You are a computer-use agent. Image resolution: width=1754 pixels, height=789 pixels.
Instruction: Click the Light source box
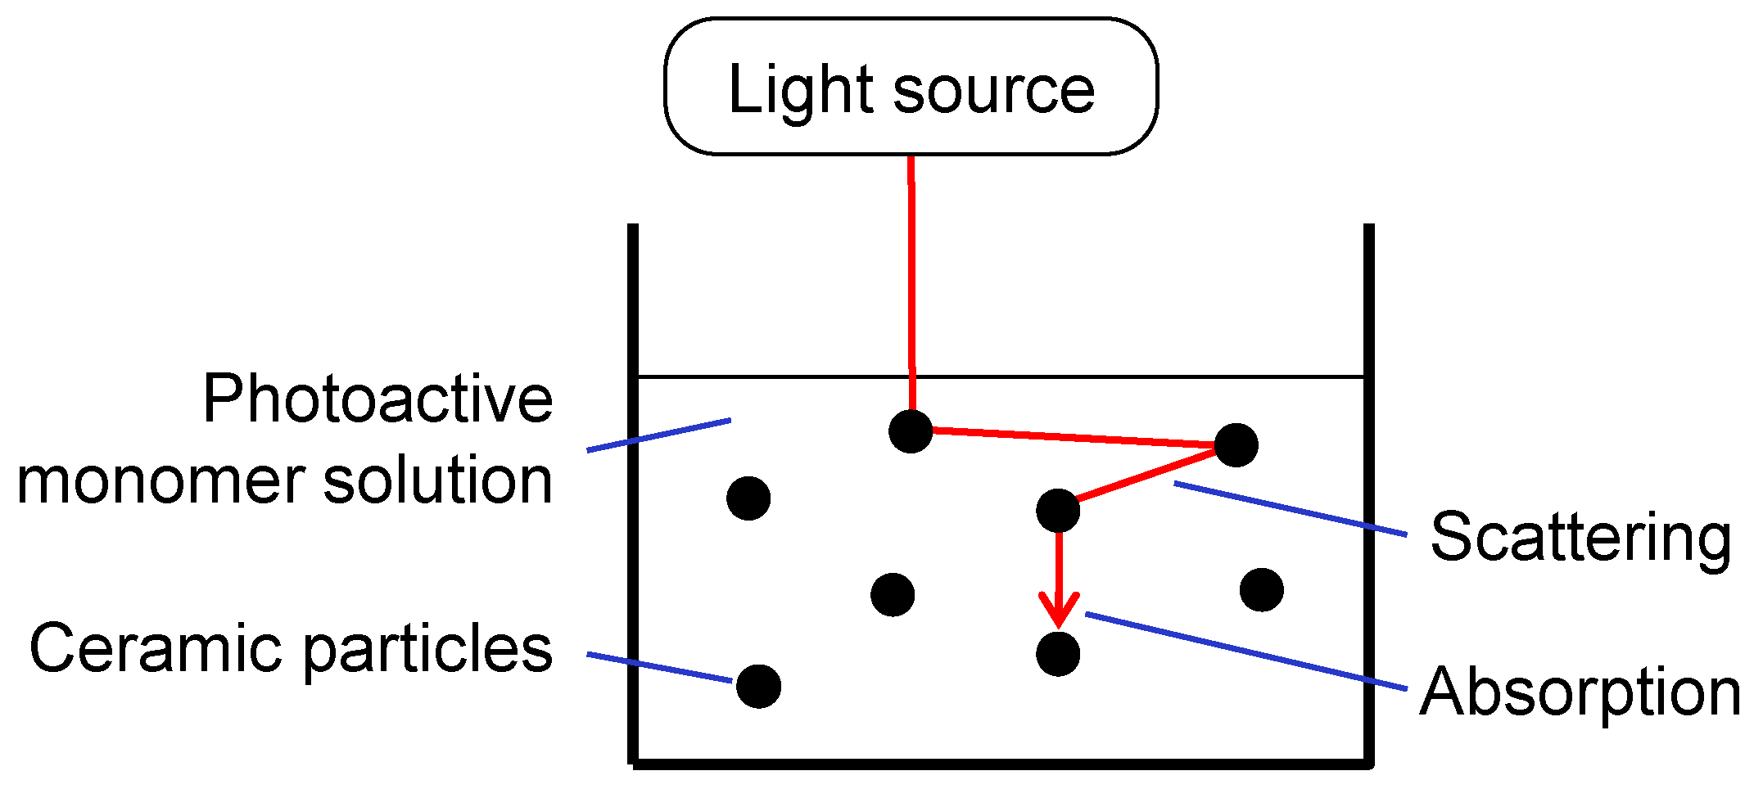(911, 87)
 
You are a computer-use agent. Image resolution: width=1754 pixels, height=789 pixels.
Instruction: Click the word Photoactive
(377, 399)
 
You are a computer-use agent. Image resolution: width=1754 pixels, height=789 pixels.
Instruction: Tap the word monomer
(160, 480)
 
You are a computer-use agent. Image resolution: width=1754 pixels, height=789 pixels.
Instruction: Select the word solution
(437, 480)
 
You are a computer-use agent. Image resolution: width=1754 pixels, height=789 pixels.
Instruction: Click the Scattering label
(1580, 537)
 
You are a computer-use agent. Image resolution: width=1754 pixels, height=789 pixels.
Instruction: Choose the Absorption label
(1580, 692)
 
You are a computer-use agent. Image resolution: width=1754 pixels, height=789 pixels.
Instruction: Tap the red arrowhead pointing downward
(1059, 610)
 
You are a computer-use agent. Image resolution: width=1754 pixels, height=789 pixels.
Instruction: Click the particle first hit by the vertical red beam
(911, 431)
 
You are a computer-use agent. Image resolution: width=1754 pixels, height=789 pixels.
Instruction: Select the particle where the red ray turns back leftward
(1236, 445)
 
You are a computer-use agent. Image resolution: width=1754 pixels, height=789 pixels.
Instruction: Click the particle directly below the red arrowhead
(1058, 654)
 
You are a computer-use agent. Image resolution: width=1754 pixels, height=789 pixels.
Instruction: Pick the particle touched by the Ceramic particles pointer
(758, 686)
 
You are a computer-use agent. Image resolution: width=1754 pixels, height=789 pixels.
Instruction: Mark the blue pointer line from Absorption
(1245, 651)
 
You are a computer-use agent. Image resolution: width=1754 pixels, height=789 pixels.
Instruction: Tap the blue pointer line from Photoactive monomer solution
(659, 435)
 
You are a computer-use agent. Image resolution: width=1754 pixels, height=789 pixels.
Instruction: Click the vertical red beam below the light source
(911, 270)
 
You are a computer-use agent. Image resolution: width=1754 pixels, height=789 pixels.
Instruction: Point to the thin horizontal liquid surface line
(1146, 376)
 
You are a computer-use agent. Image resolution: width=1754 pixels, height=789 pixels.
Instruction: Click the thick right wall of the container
(1368, 491)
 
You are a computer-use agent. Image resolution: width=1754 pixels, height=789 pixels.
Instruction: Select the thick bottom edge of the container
(999, 764)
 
